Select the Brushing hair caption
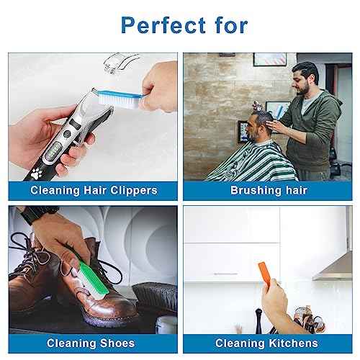click(269, 191)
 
